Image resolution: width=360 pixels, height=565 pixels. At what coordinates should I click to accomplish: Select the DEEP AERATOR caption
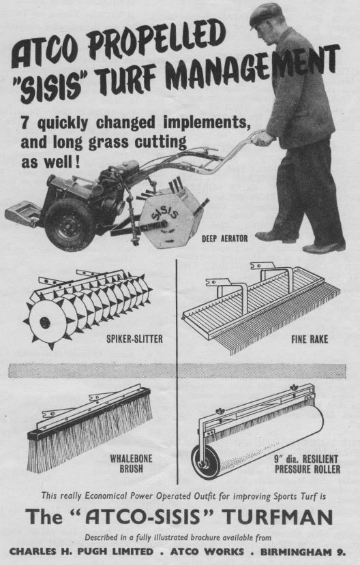[224, 239]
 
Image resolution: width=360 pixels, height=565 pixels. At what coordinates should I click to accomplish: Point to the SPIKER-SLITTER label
[134, 339]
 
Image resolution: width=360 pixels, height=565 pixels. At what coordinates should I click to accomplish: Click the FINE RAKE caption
[310, 339]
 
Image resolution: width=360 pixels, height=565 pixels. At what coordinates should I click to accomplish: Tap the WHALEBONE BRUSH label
[131, 463]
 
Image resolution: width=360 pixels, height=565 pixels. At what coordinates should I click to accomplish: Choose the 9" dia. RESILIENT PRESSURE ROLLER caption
[307, 463]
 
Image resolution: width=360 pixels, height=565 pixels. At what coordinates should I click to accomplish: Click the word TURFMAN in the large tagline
[277, 517]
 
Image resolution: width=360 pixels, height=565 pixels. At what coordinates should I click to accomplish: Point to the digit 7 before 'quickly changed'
[25, 122]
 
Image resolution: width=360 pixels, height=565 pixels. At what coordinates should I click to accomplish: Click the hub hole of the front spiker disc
[45, 322]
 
